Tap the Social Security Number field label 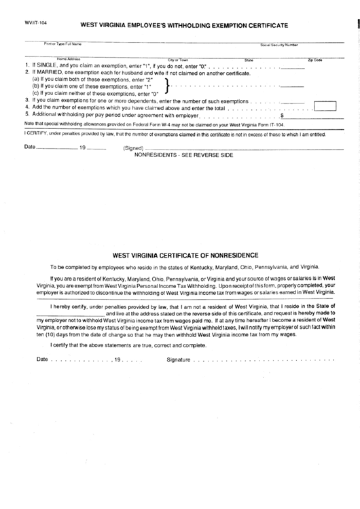coord(278,45)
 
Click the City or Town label coord(178,60)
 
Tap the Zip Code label coord(314,60)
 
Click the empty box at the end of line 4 coord(326,105)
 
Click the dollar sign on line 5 coord(282,116)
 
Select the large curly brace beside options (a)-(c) coord(167,85)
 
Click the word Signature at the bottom coord(178,359)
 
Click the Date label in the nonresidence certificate coord(42,359)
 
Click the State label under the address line coord(249,60)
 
